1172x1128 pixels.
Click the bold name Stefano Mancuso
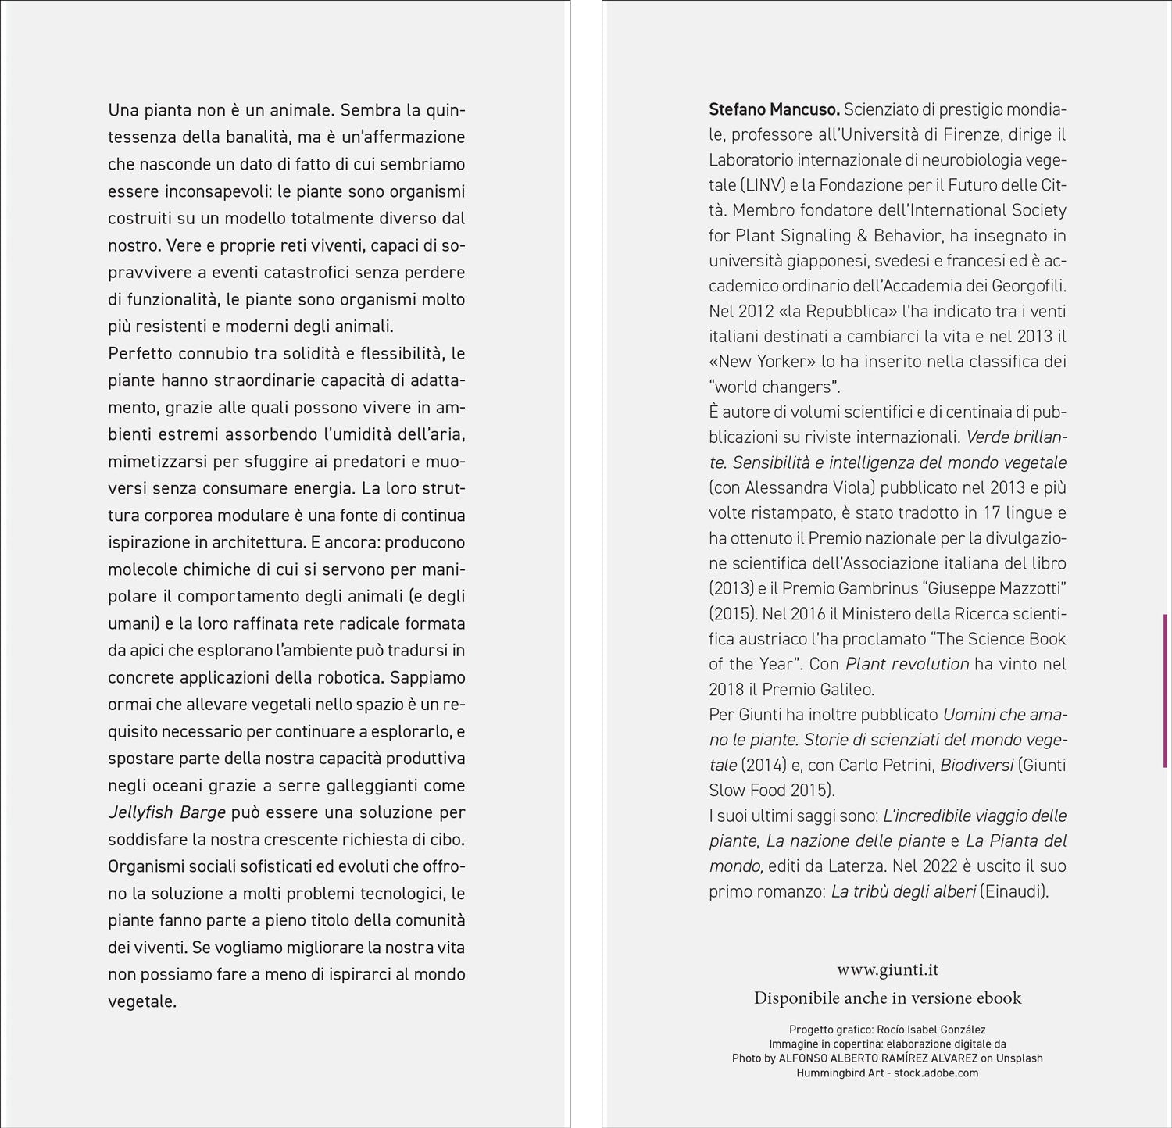(774, 109)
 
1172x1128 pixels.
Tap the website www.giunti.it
(887, 969)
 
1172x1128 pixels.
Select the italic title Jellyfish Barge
(166, 812)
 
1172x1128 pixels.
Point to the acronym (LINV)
(762, 185)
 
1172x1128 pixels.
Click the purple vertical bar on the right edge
(1165, 690)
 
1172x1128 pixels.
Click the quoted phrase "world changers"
(774, 387)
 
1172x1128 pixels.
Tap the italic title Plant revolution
(907, 664)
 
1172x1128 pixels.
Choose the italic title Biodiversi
(976, 765)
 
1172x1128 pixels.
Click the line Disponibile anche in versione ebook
(887, 998)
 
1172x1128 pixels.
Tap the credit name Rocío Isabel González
(928, 1030)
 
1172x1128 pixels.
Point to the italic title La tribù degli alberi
(903, 891)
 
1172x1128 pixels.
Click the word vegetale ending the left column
(141, 1001)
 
